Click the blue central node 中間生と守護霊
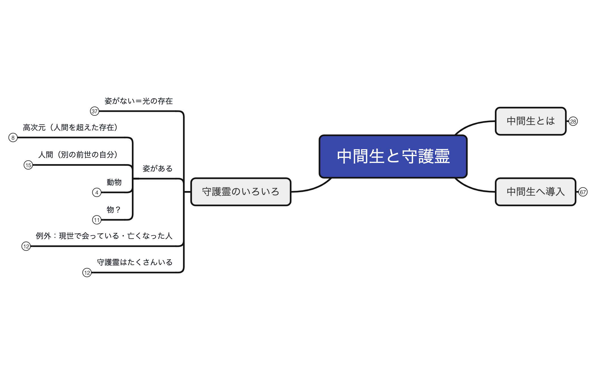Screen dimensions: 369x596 (x=393, y=156)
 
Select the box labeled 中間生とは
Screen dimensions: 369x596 (x=530, y=121)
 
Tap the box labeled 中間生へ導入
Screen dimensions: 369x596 (x=535, y=192)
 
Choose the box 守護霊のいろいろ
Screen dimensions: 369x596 (x=241, y=192)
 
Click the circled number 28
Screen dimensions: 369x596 (x=573, y=121)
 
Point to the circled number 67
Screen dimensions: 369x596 (x=583, y=192)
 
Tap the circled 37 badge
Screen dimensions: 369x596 (x=95, y=111)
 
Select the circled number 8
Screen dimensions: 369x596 (x=13, y=138)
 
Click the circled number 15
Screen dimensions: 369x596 (x=28, y=165)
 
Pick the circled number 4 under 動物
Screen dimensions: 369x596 (x=97, y=192)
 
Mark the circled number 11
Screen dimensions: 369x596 (x=97, y=220)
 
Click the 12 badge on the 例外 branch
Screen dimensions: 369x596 (x=26, y=246)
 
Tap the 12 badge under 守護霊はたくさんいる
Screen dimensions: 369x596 (x=87, y=273)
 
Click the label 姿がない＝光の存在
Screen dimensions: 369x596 (x=138, y=101)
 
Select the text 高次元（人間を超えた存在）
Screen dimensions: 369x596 (x=70, y=127)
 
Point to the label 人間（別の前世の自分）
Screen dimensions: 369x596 (x=78, y=155)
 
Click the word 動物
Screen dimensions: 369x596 (x=114, y=182)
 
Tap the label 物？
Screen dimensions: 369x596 (x=113, y=210)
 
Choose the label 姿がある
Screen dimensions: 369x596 (x=157, y=169)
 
